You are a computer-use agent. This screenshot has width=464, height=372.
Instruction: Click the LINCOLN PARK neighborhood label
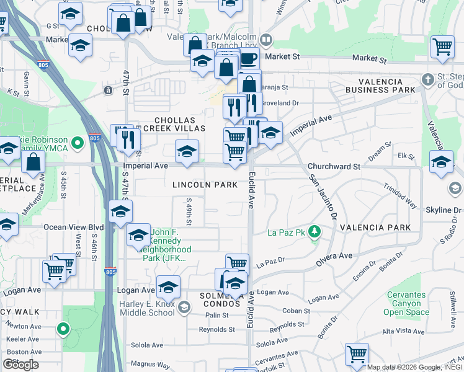click(205, 185)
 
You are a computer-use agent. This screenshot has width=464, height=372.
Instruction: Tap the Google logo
click(21, 364)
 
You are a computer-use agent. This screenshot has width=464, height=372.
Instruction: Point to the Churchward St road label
click(334, 167)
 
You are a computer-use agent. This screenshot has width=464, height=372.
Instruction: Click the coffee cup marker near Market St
click(248, 59)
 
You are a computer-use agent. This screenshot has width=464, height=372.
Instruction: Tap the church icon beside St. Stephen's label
click(427, 79)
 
